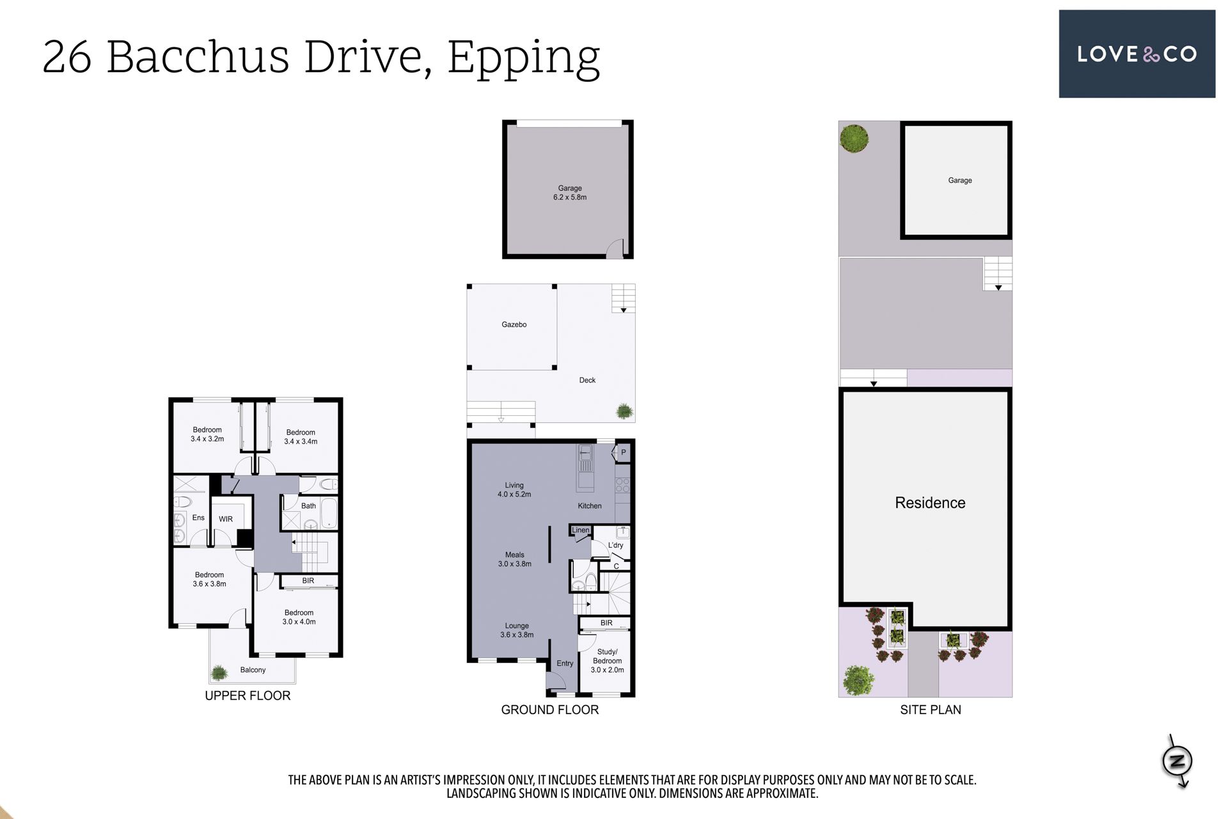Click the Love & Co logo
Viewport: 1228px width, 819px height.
(1137, 54)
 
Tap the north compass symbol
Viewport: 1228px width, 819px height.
(1177, 761)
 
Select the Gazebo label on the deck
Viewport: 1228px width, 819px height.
(514, 324)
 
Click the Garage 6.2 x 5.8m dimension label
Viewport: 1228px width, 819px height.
(570, 193)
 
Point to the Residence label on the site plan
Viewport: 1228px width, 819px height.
(930, 503)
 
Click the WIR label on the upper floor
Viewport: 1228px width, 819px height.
(226, 519)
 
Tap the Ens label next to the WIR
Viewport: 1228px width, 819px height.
(198, 518)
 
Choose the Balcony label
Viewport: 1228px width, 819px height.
(253, 670)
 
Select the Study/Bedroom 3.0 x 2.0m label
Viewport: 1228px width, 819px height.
(607, 661)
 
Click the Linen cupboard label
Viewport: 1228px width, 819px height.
(581, 530)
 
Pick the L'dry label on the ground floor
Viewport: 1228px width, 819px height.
(615, 545)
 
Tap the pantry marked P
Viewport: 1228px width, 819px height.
(624, 452)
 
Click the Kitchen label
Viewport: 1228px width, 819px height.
(590, 505)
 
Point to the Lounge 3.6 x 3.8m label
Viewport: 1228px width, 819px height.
(517, 630)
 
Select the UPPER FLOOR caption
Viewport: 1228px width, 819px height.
(248, 696)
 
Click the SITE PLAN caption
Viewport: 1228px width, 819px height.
(931, 710)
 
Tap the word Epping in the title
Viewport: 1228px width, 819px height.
(523, 58)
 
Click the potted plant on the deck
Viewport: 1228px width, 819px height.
(624, 411)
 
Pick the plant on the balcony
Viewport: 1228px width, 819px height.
(219, 672)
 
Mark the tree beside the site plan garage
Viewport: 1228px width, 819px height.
(854, 138)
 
